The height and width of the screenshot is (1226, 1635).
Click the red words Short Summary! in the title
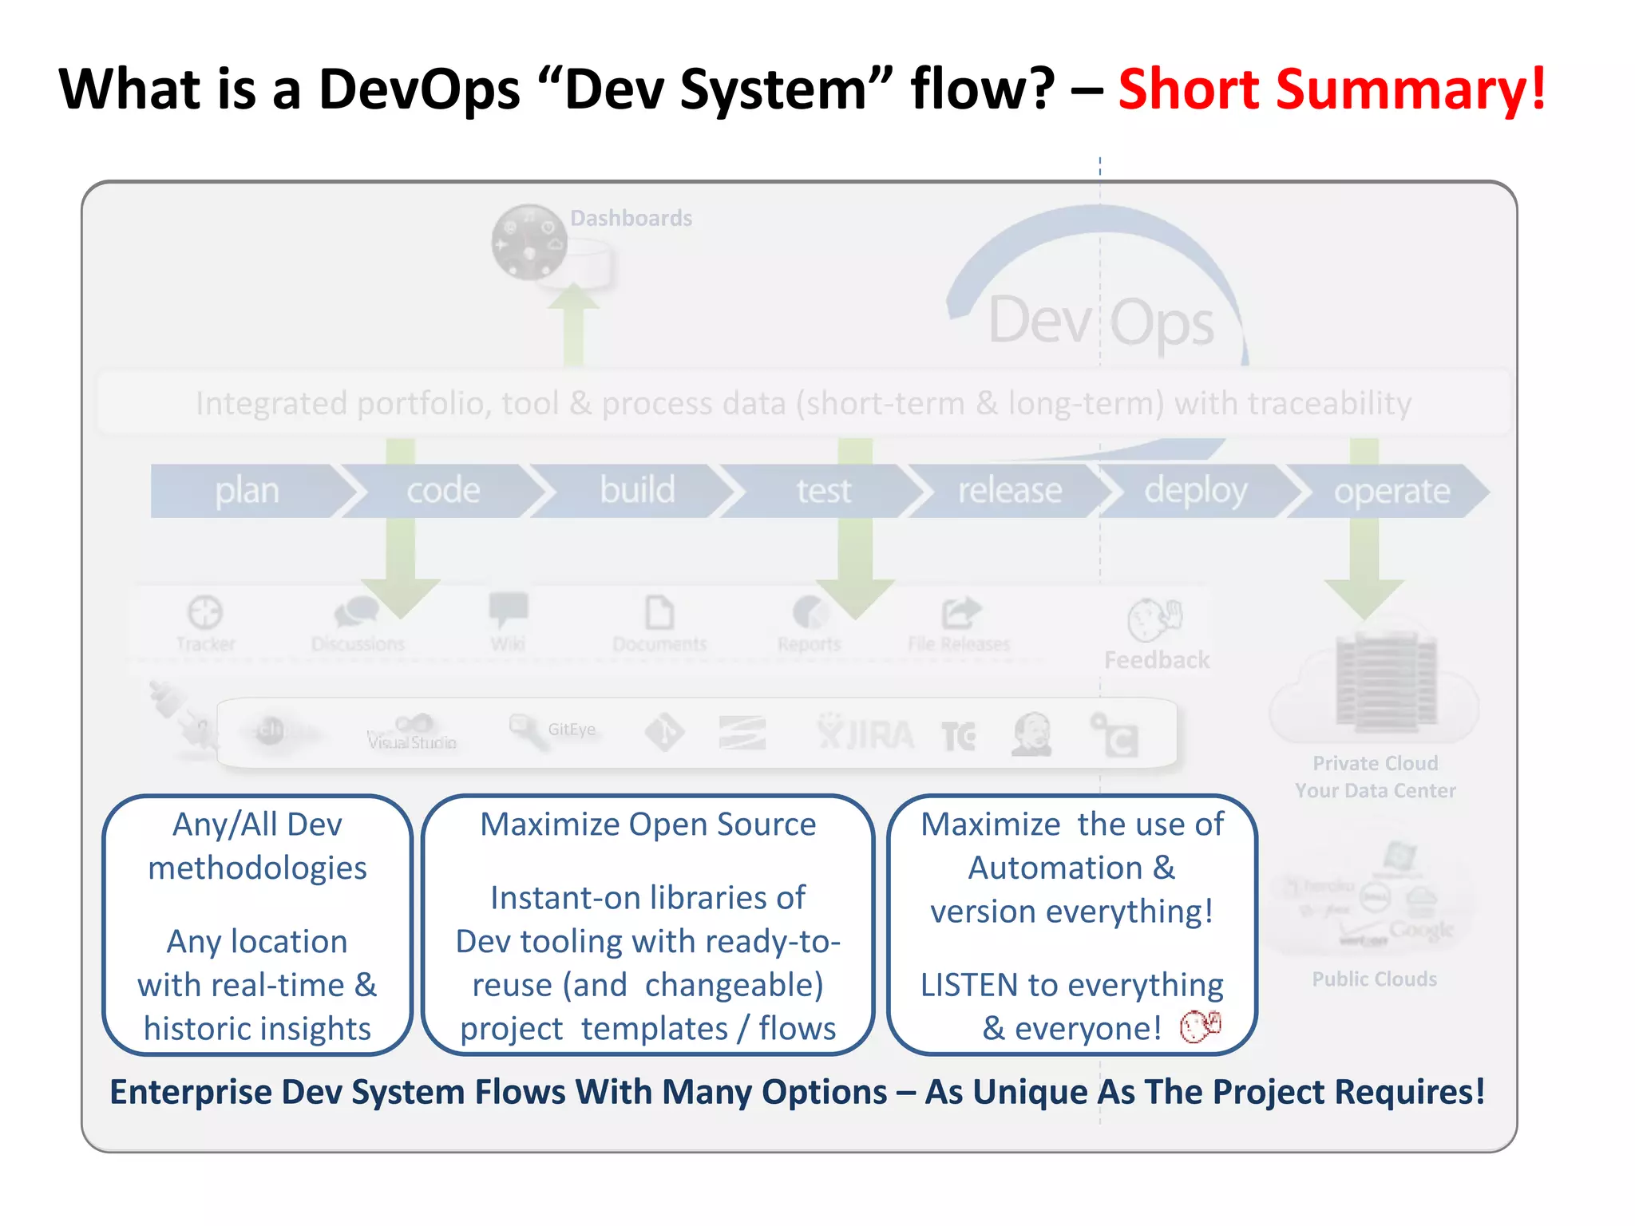[x=1332, y=89]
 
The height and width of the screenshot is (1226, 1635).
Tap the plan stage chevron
[x=247, y=491]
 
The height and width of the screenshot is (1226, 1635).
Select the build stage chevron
[x=636, y=490]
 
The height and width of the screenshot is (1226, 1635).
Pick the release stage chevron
[x=1009, y=490]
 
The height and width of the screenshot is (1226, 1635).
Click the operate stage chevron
[x=1391, y=491]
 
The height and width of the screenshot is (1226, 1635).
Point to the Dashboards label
[x=631, y=218]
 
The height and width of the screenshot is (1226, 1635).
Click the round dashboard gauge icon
[x=529, y=242]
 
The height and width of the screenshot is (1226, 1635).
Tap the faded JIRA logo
[x=866, y=734]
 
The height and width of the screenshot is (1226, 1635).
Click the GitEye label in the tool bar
[x=571, y=729]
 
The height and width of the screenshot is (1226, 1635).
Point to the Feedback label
[x=1157, y=660]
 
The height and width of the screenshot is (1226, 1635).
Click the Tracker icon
[x=205, y=613]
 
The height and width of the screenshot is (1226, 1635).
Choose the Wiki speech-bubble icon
[x=508, y=611]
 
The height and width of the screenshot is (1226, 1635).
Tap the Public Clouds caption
[x=1374, y=979]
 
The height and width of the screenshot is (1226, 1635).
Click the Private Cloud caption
[x=1375, y=764]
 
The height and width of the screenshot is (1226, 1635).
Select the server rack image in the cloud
[x=1387, y=681]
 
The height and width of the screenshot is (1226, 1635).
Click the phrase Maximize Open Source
[x=647, y=825]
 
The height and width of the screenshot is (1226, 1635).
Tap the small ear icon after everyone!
[x=1200, y=1026]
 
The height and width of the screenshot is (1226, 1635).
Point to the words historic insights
[x=257, y=1029]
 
